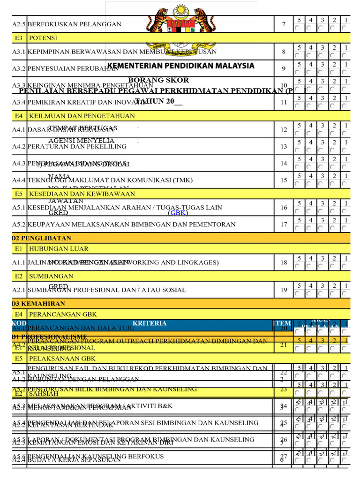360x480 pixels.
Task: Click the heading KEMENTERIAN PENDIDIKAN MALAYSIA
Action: coord(181,66)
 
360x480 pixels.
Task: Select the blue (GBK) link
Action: coord(178,213)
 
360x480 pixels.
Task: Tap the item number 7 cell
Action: coord(284,24)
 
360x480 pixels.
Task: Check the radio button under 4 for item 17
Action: coord(309,228)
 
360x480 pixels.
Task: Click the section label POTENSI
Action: coord(43,38)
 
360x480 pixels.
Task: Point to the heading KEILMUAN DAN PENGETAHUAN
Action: coord(82,116)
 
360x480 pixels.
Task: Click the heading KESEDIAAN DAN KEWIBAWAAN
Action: coord(82,194)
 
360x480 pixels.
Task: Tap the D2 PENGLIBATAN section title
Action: coord(42,238)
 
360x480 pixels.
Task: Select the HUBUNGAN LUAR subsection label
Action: coord(59,248)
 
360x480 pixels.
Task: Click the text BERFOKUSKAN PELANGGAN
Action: coord(75,24)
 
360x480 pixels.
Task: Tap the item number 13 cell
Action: coord(284,147)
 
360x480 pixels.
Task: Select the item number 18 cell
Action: coord(284,262)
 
